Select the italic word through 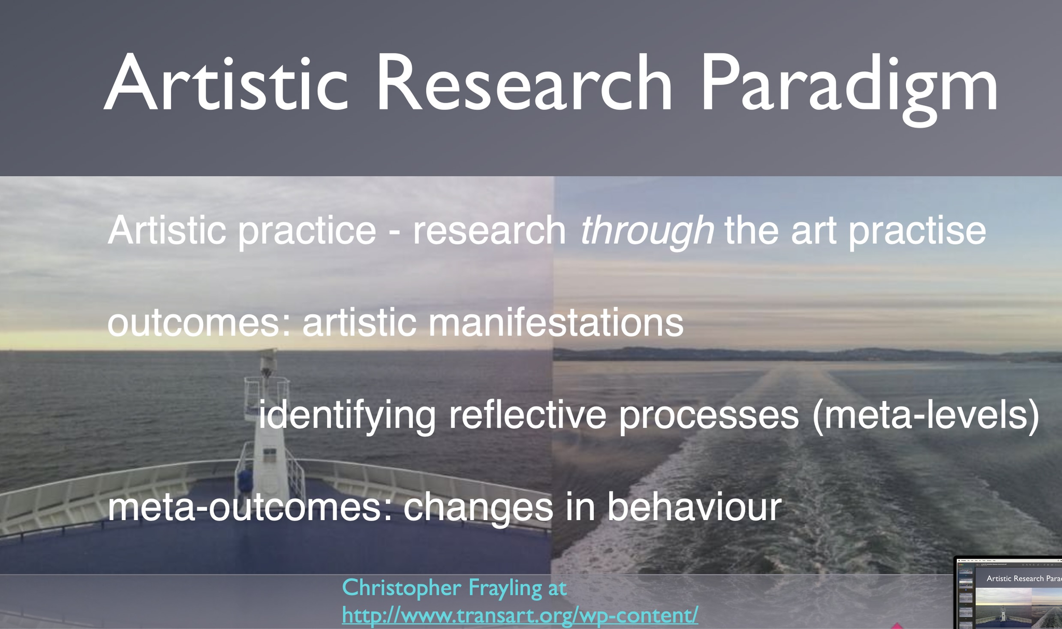[647, 231]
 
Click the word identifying [347, 415]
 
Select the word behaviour [694, 506]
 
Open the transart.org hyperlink [520, 616]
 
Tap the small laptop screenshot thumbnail [1008, 593]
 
